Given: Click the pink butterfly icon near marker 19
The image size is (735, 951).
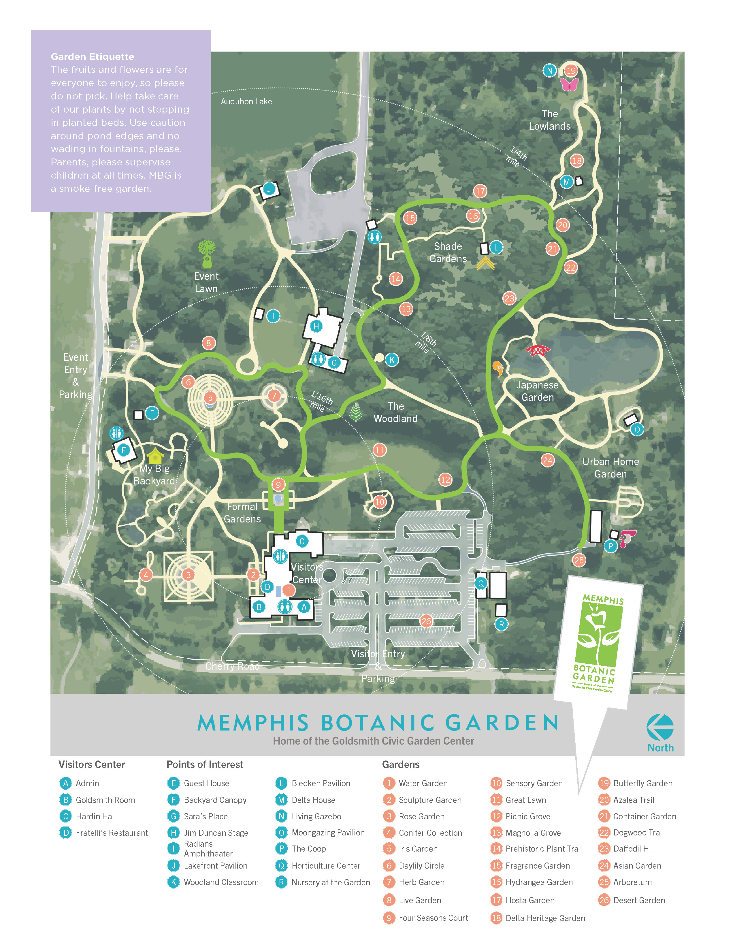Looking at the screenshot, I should point(570,84).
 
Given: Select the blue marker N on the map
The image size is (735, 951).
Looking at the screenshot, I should point(549,71).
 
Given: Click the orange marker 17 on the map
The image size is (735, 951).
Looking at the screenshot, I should point(480,191).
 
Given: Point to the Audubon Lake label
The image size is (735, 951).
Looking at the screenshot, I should point(246,101).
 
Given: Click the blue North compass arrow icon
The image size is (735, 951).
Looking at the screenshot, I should point(660,727).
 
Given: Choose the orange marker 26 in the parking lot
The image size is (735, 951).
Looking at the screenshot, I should point(426,621).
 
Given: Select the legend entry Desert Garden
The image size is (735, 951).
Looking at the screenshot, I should point(639,900).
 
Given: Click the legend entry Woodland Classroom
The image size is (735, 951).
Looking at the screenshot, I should point(221,882).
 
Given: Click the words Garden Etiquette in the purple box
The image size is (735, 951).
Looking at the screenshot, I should point(92,56).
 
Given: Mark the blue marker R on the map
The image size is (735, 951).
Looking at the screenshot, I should point(501,624).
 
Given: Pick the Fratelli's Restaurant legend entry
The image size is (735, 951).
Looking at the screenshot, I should point(112,833).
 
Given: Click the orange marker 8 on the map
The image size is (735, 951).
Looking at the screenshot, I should point(209,343).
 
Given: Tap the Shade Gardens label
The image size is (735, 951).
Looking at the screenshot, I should point(448,252).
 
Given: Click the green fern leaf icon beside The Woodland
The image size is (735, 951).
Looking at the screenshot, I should point(356,412).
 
